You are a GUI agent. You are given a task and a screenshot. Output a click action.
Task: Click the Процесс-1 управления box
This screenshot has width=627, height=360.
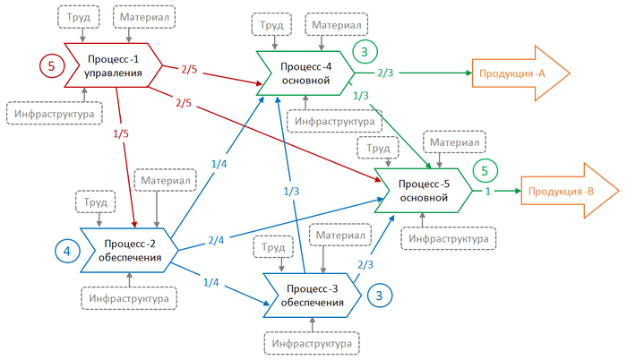click(112, 65)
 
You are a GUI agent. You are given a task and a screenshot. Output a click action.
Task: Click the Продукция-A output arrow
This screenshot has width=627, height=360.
click(520, 73)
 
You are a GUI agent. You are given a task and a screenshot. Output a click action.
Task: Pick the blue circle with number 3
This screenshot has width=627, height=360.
click(379, 295)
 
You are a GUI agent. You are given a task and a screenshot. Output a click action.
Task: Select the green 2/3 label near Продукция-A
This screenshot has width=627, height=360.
click(385, 73)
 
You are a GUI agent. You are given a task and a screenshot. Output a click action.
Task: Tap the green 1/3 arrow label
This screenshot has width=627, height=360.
click(361, 95)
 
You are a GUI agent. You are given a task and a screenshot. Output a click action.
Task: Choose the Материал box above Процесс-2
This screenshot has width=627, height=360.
click(160, 180)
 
